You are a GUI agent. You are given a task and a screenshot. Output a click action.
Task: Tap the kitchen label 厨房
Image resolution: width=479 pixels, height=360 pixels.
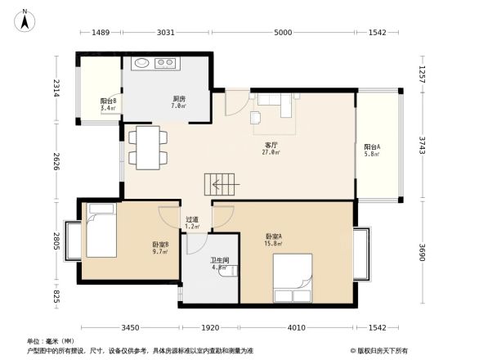178,99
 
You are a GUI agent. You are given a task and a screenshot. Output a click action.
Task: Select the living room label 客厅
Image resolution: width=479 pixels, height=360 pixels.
271,144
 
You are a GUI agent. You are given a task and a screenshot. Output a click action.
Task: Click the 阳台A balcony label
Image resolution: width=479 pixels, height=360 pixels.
372,148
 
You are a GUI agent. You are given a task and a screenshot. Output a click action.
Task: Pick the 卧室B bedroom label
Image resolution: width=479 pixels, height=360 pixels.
159,245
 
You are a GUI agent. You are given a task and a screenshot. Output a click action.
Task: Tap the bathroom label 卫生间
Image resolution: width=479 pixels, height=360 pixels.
220,260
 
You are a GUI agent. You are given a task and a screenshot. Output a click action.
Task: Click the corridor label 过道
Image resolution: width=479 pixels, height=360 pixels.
192,219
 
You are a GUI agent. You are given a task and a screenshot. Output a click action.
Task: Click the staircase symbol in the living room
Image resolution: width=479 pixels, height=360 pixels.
218,185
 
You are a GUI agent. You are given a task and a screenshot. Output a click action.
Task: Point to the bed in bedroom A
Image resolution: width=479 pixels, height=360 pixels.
293,278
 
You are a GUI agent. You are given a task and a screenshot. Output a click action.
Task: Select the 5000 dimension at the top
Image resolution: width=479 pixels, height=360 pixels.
283,33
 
